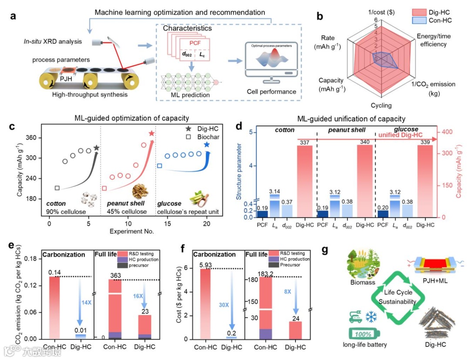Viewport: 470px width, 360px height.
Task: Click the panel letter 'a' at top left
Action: tap(13, 17)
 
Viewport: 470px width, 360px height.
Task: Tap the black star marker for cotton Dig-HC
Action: tap(96, 148)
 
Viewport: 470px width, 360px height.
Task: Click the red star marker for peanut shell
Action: tap(151, 134)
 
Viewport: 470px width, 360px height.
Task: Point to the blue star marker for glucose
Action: tap(206, 145)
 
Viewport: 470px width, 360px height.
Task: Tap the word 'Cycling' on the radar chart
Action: tap(381, 105)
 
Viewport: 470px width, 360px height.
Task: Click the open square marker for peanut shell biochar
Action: tap(104, 188)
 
